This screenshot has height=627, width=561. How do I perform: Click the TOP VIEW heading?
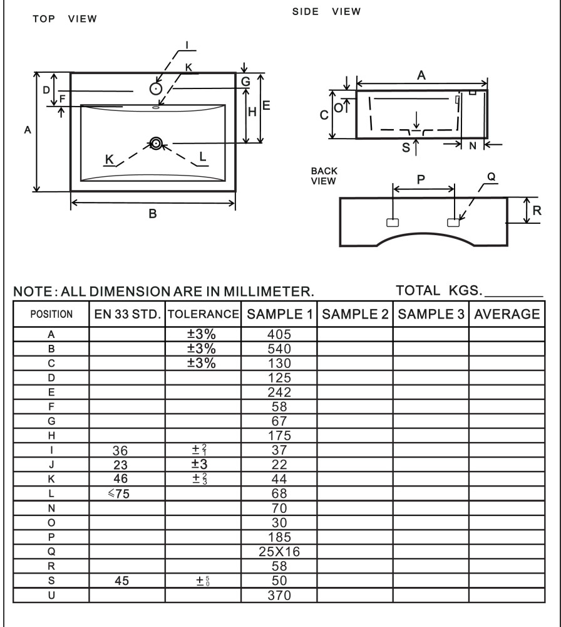64,19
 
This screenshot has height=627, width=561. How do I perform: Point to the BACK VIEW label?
323,176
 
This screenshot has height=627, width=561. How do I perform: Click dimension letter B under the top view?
152,214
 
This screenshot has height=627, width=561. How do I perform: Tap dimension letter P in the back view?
421,177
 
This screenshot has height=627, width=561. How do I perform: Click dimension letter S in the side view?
406,147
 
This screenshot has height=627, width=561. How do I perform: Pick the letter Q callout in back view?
491,177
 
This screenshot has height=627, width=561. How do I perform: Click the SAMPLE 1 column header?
279,313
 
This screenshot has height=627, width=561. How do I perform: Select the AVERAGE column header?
507,313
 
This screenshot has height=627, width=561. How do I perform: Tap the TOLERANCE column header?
203,313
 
